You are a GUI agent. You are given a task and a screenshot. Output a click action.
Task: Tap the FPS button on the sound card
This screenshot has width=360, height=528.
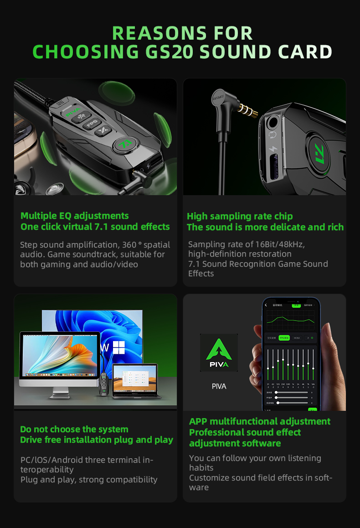click(x=93, y=124)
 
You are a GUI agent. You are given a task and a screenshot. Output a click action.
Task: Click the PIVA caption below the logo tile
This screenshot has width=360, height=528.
click(x=219, y=386)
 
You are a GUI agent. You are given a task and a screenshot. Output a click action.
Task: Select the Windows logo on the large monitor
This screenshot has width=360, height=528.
click(x=119, y=347)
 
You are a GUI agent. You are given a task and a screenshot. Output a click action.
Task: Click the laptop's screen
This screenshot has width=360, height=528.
click(x=135, y=380)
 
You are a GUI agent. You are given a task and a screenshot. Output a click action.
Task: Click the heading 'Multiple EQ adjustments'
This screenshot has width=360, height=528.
click(x=75, y=216)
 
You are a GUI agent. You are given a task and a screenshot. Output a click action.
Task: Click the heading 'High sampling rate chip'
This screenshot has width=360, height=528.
click(x=240, y=216)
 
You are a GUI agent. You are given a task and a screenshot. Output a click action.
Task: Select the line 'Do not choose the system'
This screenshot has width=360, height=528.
click(x=74, y=429)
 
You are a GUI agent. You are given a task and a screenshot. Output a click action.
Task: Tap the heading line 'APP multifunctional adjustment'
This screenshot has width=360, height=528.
click(x=260, y=421)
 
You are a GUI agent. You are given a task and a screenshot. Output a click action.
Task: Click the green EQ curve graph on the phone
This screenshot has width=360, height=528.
click(x=290, y=320)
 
